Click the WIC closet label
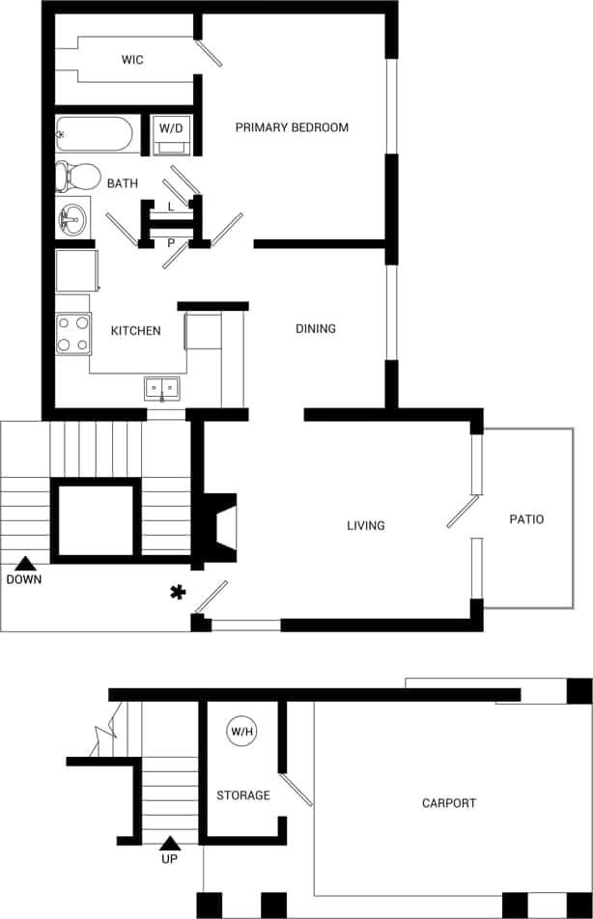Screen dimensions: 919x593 [132, 60]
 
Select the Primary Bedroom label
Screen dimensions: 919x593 [292, 127]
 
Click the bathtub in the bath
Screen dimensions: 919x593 [94, 135]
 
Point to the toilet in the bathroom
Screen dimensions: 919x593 [77, 177]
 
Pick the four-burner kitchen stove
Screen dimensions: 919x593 [73, 334]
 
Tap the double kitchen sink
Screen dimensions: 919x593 [163, 389]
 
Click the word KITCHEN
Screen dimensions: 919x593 [135, 331]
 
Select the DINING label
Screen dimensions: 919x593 [316, 329]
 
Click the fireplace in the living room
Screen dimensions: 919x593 [220, 527]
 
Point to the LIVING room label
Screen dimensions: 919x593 [366, 526]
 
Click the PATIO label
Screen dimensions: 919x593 [526, 519]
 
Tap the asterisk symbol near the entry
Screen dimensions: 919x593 [177, 592]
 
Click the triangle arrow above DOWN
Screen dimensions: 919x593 [24, 563]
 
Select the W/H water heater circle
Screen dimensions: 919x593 [241, 732]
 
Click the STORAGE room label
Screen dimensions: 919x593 [242, 795]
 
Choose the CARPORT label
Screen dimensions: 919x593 [449, 803]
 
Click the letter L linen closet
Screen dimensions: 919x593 [171, 207]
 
